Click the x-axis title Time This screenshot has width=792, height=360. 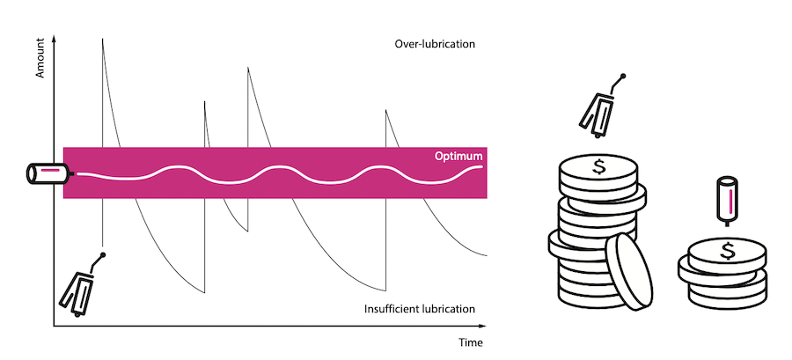tap(471, 342)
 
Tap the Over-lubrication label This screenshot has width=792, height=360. tap(434, 43)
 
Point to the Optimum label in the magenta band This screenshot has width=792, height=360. tap(458, 156)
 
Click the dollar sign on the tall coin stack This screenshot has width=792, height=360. tap(599, 165)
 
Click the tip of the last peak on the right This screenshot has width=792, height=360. tap(385, 109)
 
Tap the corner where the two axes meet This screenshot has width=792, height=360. tap(54, 327)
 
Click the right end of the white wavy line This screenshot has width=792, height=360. tap(481, 165)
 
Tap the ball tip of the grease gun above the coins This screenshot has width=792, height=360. tap(622, 77)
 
